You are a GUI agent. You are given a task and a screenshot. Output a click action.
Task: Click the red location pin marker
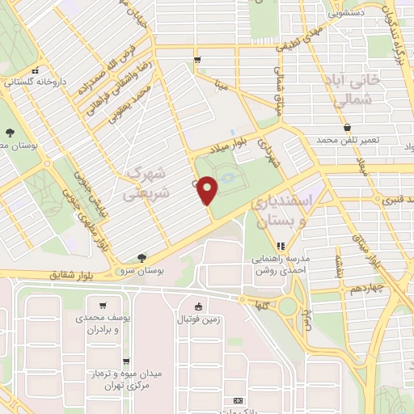(x=208, y=189)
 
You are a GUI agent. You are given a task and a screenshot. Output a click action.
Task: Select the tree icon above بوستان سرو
(x=143, y=258)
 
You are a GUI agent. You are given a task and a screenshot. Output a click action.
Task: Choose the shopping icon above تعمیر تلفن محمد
(x=347, y=128)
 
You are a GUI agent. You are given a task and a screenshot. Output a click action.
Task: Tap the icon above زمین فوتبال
(x=200, y=306)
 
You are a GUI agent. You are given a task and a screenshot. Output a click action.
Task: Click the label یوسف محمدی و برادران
(x=100, y=325)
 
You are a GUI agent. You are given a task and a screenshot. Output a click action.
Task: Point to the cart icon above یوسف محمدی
(x=103, y=306)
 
